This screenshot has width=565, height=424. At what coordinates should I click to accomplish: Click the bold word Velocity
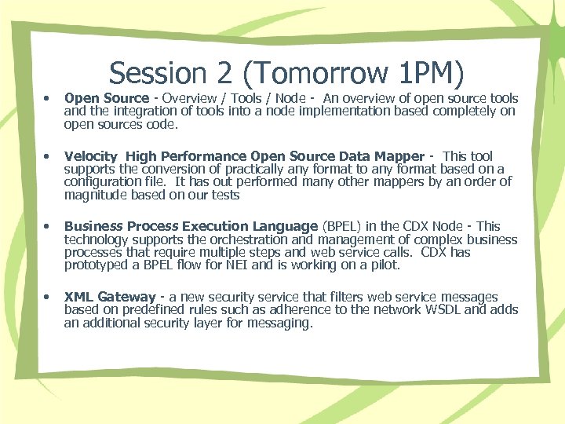pos(90,156)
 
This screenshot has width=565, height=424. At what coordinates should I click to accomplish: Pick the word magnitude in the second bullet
pos(97,195)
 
